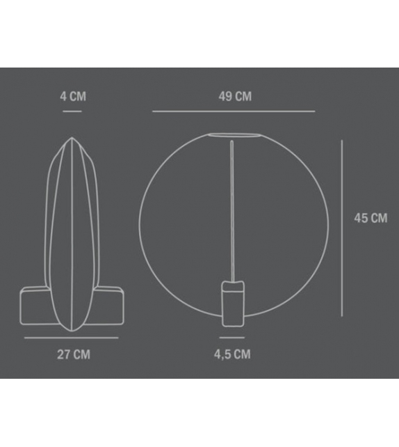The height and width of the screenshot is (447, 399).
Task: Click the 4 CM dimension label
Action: tap(73, 96)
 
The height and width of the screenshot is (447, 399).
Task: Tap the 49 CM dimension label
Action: tap(235, 96)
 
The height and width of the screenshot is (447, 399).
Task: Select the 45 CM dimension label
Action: tap(370, 218)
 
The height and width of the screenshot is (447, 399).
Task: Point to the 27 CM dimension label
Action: tap(74, 354)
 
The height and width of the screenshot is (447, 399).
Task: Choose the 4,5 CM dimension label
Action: tap(232, 354)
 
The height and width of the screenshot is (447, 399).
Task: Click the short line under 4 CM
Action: tap(72, 111)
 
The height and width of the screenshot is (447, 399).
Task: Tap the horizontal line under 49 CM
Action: tap(234, 111)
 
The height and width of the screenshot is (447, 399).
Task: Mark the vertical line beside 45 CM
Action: tap(342, 228)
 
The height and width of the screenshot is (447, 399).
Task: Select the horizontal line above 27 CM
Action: tap(72, 338)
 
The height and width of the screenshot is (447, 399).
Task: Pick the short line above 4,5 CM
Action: tap(232, 338)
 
